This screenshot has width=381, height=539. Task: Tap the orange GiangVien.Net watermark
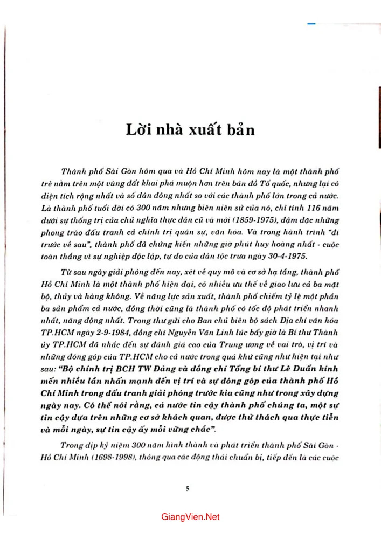190,517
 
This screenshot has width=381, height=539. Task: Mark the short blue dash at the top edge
311,24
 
